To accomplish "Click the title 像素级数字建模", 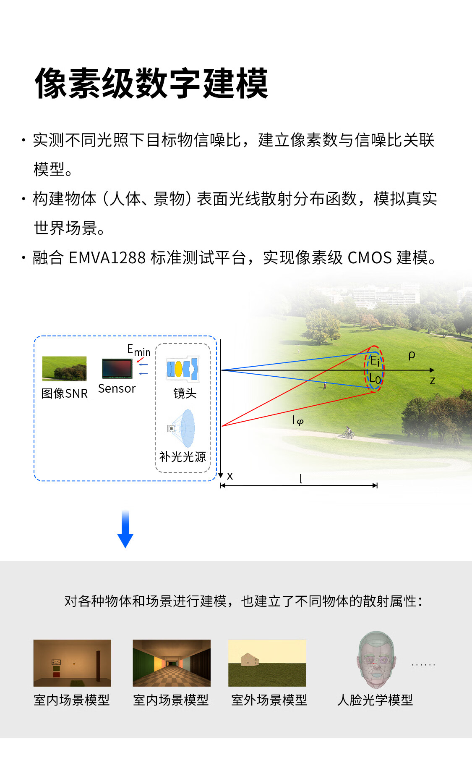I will pyautogui.click(x=151, y=84).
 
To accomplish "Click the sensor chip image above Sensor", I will pyautogui.click(x=117, y=369).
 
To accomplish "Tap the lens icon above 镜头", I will pyautogui.click(x=183, y=369).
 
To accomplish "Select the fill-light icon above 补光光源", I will pyautogui.click(x=183, y=428).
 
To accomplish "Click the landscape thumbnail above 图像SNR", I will pyautogui.click(x=64, y=368).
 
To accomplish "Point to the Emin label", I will pyautogui.click(x=138, y=350).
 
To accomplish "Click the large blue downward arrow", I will pyautogui.click(x=125, y=529).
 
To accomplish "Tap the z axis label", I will pyautogui.click(x=432, y=381).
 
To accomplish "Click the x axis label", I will pyautogui.click(x=230, y=476).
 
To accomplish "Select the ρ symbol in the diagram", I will pyautogui.click(x=412, y=355).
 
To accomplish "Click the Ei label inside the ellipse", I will pyautogui.click(x=375, y=360).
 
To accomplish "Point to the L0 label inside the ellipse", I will pyautogui.click(x=375, y=379).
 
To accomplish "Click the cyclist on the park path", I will pyautogui.click(x=348, y=432).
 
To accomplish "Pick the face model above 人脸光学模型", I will pyautogui.click(x=376, y=660).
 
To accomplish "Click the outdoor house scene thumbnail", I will pyautogui.click(x=267, y=663).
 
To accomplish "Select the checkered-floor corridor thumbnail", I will pyautogui.click(x=172, y=663).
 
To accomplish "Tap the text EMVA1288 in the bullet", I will pyautogui.click(x=107, y=257).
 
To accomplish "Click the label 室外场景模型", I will pyautogui.click(x=269, y=700).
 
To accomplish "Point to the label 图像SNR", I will pyautogui.click(x=65, y=393).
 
